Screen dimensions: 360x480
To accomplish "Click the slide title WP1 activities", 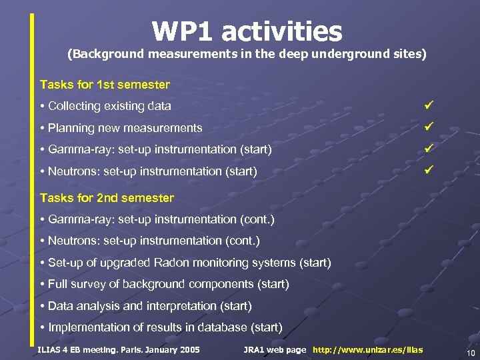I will [247, 31].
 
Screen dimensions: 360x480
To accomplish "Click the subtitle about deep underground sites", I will [247, 54].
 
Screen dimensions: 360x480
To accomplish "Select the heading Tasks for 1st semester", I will [105, 85].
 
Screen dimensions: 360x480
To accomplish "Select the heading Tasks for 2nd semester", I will [107, 198].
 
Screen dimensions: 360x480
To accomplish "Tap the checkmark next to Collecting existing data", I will [429, 104].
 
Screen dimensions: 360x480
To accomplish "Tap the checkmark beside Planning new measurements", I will [429, 125].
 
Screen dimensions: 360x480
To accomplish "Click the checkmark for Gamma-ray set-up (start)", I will [429, 147].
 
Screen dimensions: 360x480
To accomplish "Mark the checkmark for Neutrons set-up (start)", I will [429, 169].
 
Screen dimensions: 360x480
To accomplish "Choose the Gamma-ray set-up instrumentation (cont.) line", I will [161, 219].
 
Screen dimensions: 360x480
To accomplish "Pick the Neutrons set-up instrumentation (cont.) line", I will [153, 241].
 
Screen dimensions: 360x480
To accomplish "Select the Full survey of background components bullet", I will [168, 285].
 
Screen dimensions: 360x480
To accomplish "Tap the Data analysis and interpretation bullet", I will [149, 306].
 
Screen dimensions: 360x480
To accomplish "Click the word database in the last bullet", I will [224, 327].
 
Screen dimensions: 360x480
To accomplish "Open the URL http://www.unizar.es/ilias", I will [367, 350].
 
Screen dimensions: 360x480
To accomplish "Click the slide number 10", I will [470, 353].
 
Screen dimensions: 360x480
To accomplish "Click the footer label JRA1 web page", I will [275, 350].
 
